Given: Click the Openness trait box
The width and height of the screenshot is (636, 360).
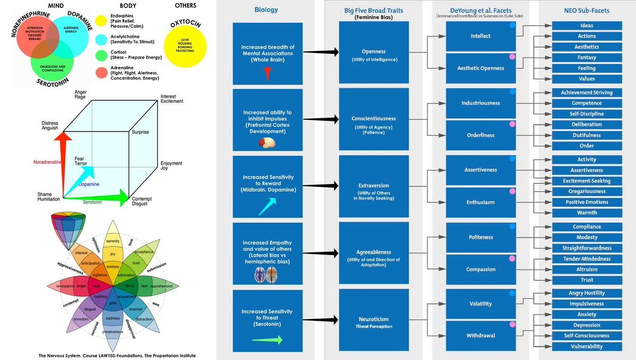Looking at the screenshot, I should (x=374, y=52).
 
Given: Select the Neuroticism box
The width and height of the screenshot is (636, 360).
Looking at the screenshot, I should (x=374, y=321).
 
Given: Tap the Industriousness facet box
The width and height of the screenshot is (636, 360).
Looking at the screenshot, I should (x=481, y=103).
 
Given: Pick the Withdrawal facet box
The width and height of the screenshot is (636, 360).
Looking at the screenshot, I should (x=481, y=335).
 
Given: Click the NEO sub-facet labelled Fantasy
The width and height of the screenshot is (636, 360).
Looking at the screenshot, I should (x=587, y=57).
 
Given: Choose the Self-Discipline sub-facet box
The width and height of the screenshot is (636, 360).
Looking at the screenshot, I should (x=587, y=114).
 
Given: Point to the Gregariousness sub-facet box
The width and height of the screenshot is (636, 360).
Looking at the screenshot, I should (x=587, y=191).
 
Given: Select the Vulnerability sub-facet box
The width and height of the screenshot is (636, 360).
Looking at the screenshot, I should (x=587, y=346).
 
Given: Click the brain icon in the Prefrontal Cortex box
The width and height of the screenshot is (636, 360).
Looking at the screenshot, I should (x=267, y=143).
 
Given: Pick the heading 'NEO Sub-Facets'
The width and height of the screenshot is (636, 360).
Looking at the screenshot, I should (x=587, y=10).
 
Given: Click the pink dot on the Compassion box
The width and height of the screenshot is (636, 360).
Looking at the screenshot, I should (x=512, y=258).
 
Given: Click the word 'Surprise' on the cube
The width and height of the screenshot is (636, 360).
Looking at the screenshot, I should (x=141, y=132).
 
